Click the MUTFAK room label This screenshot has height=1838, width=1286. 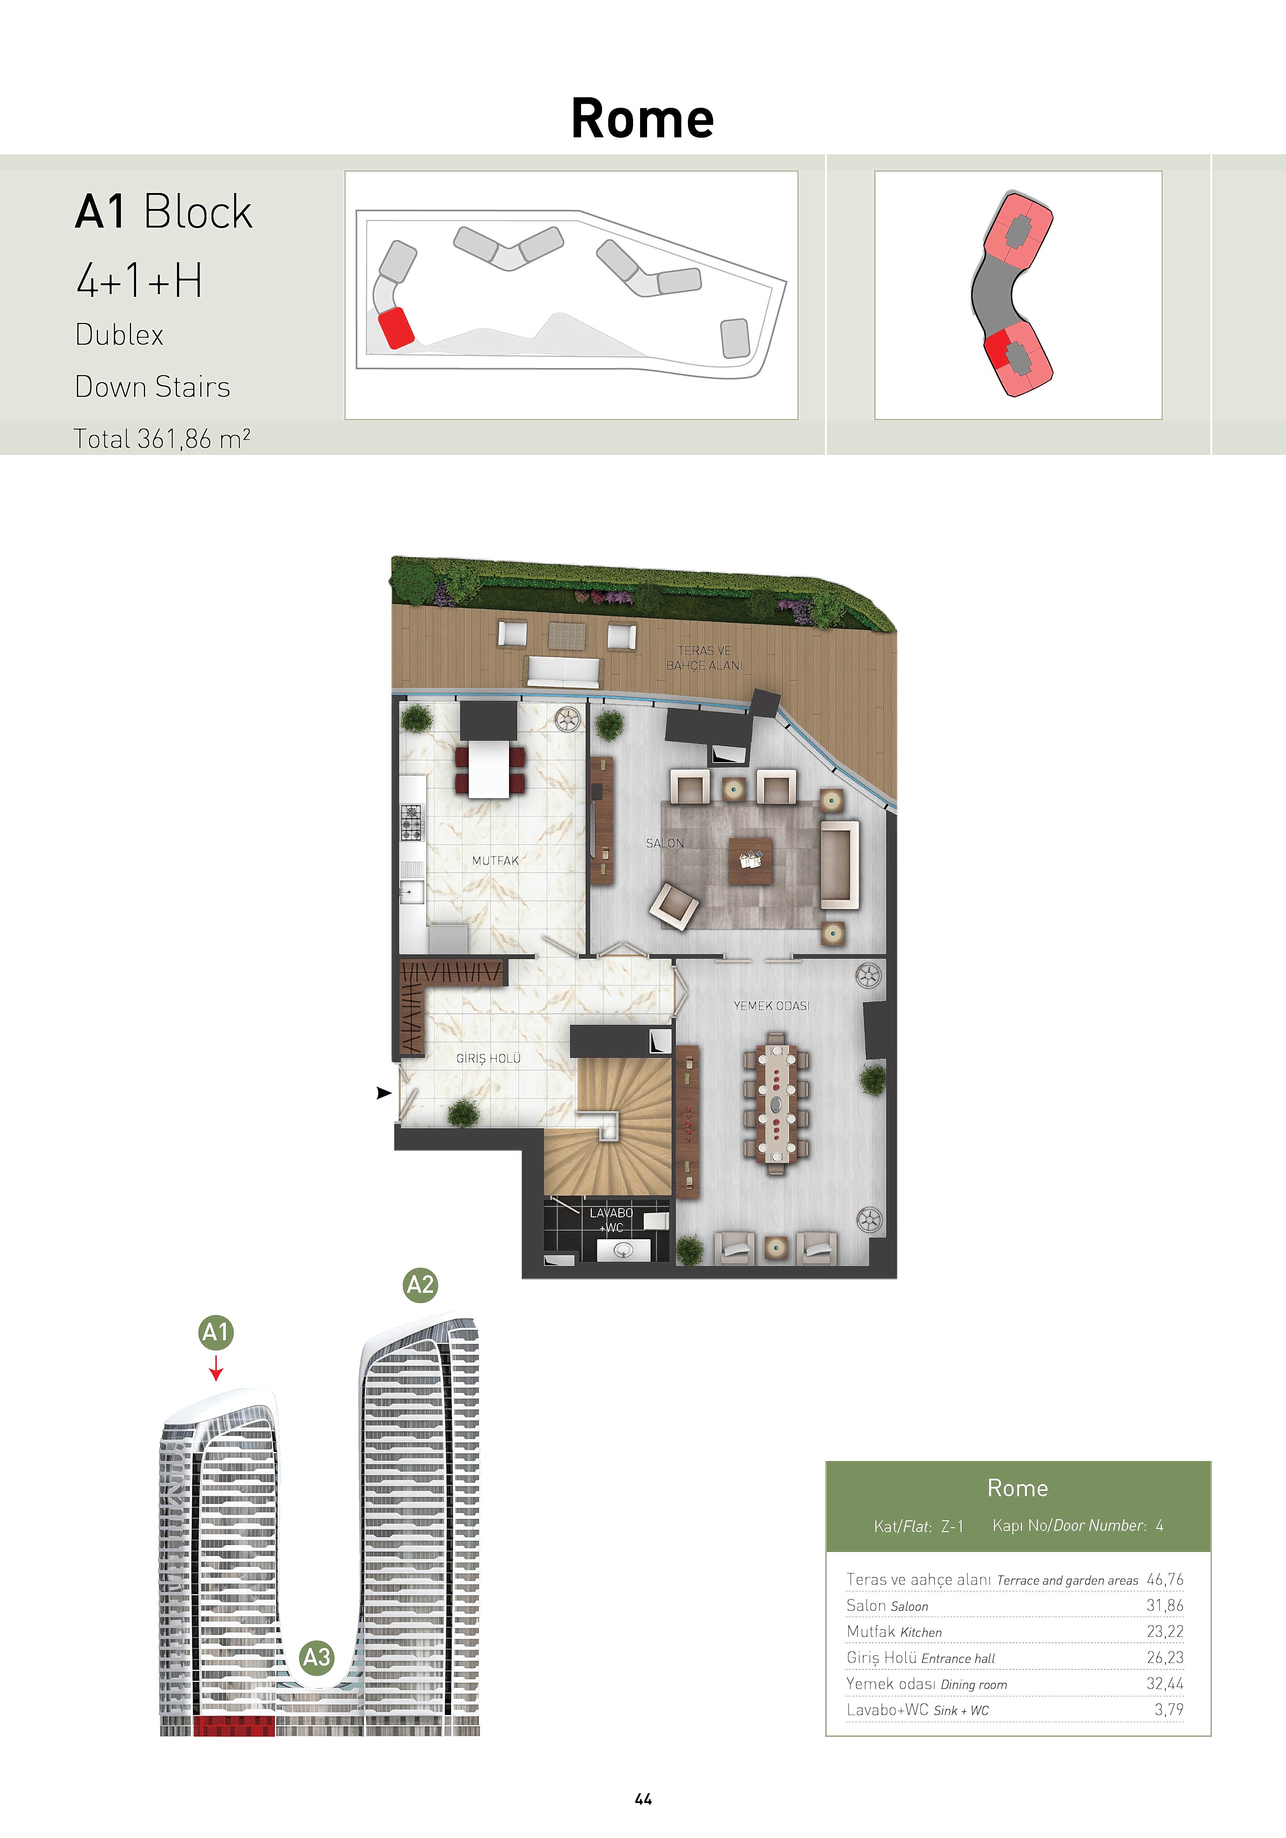click(495, 861)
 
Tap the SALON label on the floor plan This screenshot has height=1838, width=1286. click(665, 843)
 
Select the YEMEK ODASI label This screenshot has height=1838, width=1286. click(772, 1005)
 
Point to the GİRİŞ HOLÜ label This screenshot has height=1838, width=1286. click(488, 1058)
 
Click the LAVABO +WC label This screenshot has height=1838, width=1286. click(611, 1220)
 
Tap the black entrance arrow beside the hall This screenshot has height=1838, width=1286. click(384, 1093)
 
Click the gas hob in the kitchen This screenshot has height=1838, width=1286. click(411, 822)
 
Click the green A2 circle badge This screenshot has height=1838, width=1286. click(420, 1285)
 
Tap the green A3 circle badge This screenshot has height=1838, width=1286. click(317, 1657)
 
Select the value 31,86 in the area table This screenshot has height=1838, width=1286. click(1165, 1605)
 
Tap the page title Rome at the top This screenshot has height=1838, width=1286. click(642, 119)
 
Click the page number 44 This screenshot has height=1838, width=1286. click(644, 1799)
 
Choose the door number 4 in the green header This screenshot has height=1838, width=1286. click(1160, 1526)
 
